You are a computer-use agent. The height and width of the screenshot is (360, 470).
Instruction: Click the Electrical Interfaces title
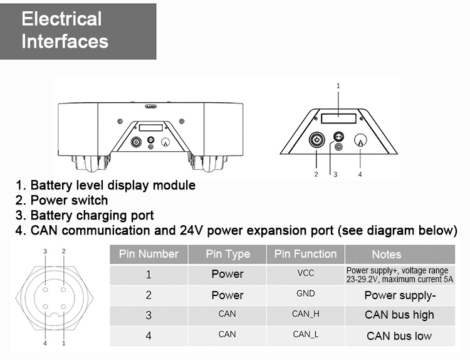tap(65, 30)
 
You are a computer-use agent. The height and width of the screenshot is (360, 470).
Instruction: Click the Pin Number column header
tap(149, 254)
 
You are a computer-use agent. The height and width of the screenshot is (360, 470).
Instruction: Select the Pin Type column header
tap(227, 254)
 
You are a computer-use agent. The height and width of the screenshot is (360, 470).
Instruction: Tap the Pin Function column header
tap(305, 254)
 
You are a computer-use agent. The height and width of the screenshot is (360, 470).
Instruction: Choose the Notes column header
tap(386, 254)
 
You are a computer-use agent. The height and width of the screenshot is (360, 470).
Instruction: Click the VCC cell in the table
tap(306, 274)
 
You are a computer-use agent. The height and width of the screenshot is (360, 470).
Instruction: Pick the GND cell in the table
tap(306, 294)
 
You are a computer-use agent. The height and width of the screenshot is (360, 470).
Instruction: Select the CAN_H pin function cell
tap(306, 314)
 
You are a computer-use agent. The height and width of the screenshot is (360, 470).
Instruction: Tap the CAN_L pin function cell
tap(306, 334)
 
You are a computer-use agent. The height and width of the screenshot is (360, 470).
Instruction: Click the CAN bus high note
tap(399, 315)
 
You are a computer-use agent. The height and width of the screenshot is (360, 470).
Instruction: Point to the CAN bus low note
tap(399, 336)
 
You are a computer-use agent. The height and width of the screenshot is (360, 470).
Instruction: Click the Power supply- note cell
tap(399, 295)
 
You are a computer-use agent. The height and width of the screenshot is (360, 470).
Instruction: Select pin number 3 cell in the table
tap(149, 315)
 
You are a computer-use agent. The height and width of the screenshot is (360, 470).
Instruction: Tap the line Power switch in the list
tap(62, 201)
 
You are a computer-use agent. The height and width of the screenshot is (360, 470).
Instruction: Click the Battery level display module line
tap(105, 186)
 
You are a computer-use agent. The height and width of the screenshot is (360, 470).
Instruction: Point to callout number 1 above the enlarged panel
tap(338, 85)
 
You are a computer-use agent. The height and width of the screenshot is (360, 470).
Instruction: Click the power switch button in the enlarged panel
tap(316, 140)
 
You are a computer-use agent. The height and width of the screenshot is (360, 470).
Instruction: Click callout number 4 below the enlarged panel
tap(360, 174)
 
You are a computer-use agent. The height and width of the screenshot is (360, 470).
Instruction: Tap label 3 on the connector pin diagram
tap(44, 251)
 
